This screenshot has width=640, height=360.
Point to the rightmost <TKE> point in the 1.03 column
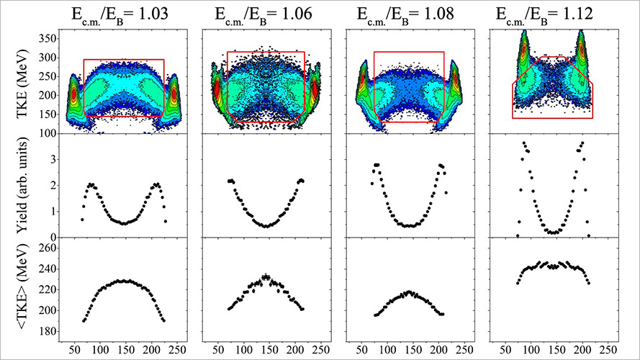164,320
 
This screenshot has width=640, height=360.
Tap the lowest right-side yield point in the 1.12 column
589,235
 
